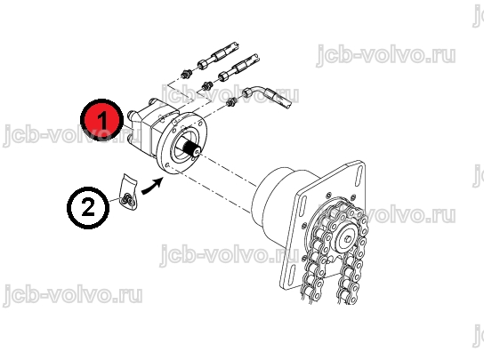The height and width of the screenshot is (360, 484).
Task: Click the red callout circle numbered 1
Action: coord(101,120)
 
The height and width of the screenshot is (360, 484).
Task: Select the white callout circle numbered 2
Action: coord(88,208)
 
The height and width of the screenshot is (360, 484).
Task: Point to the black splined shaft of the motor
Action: coord(191,148)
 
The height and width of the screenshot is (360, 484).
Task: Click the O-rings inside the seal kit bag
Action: coord(128,200)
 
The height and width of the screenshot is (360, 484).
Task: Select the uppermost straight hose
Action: coord(219,55)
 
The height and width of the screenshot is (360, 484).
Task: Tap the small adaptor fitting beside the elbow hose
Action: coord(231,101)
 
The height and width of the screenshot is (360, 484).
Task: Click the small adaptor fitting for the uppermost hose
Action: coord(186,73)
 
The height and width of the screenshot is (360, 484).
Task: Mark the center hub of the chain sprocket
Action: coord(349,239)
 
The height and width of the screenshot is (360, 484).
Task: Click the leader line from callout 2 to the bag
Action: coord(115,200)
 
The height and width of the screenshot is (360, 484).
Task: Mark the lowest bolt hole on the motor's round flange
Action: coord(167,165)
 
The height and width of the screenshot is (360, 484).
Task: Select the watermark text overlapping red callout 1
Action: coord(71,135)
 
